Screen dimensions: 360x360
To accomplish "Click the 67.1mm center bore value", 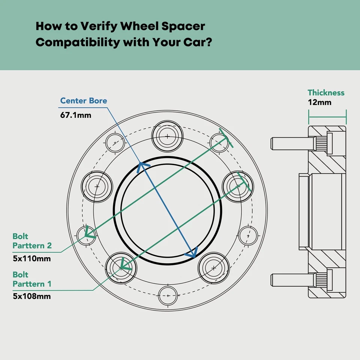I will [75, 115].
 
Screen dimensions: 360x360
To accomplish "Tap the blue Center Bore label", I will [84, 100].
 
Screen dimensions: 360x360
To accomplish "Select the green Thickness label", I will [326, 93].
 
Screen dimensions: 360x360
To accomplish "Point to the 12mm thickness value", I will [319, 102].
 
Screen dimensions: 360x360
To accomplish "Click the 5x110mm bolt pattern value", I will [32, 258].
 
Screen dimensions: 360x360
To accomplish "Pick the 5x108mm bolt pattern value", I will [32, 296].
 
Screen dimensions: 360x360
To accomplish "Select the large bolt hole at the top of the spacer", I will [168, 135].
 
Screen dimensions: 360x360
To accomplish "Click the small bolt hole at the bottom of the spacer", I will [168, 296].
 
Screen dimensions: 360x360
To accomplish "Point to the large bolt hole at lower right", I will [213, 268].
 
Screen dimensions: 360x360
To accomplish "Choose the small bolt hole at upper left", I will [115, 142].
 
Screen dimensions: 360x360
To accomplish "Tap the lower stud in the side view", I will [291, 280].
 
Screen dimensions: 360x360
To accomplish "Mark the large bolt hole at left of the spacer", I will [97, 186].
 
